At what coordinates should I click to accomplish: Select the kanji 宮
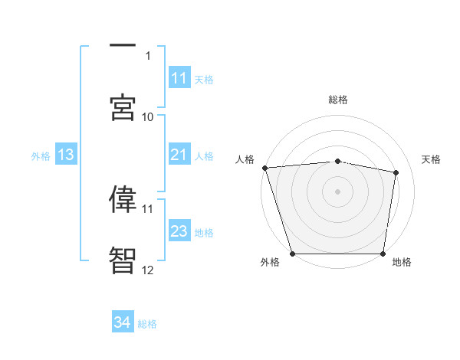point(123,108)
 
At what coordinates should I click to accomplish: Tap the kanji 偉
point(123,198)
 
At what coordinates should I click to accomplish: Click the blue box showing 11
point(179,78)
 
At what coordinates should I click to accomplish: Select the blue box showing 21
point(179,155)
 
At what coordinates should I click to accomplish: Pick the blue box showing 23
point(179,231)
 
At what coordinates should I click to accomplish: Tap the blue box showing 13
point(66,155)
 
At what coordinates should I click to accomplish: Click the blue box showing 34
point(123,323)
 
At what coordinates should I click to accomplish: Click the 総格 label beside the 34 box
point(147,324)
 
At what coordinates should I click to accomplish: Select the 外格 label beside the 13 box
point(41,155)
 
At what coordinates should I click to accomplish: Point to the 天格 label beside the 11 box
point(204,79)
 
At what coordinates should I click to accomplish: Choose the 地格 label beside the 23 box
point(204,232)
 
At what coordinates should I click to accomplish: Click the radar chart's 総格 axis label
point(338,100)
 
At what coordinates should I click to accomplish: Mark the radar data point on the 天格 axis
point(396,173)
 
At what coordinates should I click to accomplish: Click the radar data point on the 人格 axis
point(264,168)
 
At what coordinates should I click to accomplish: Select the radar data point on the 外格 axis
point(293,254)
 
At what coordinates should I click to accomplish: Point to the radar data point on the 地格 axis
point(383,254)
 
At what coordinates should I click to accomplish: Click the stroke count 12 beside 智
point(148,270)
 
